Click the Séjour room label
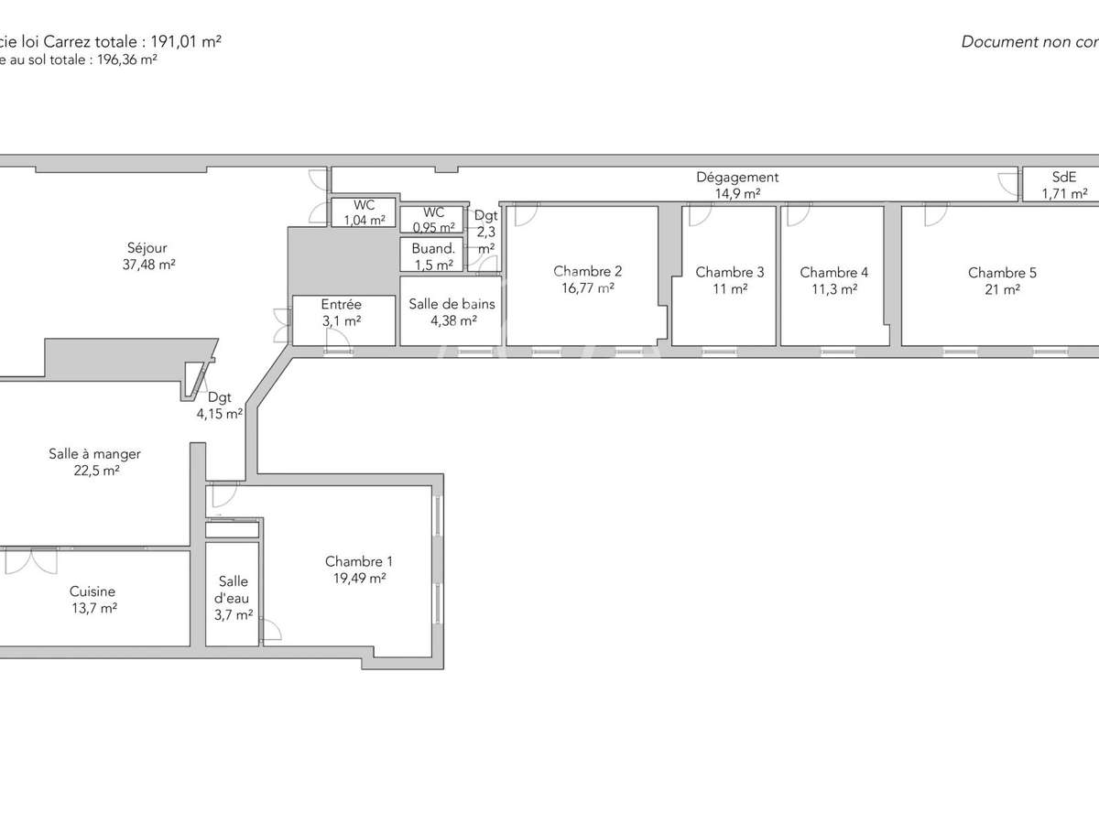click(147, 247)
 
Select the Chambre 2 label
click(587, 271)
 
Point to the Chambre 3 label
click(729, 272)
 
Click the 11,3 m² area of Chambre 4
click(833, 288)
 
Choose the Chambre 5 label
click(1002, 273)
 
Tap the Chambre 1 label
click(359, 561)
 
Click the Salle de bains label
click(452, 304)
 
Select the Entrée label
click(341, 305)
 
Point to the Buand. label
click(433, 248)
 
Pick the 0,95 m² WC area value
click(433, 228)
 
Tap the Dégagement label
click(737, 178)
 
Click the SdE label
click(1064, 178)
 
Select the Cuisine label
click(92, 591)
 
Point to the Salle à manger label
click(94, 454)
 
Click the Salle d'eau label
click(233, 590)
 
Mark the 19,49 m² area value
click(359, 579)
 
